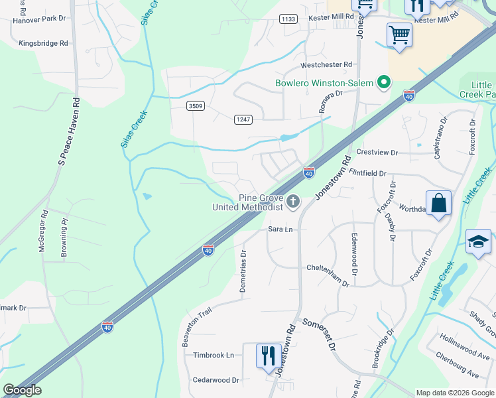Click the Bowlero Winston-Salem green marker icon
pyautogui.click(x=383, y=83)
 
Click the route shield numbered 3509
pyautogui.click(x=195, y=105)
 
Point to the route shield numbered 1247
pyautogui.click(x=243, y=119)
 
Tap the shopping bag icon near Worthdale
pyautogui.click(x=439, y=202)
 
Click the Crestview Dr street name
pyautogui.click(x=377, y=153)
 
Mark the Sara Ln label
pyautogui.click(x=280, y=229)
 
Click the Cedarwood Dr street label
pyautogui.click(x=216, y=380)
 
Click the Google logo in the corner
pyautogui.click(x=22, y=390)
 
